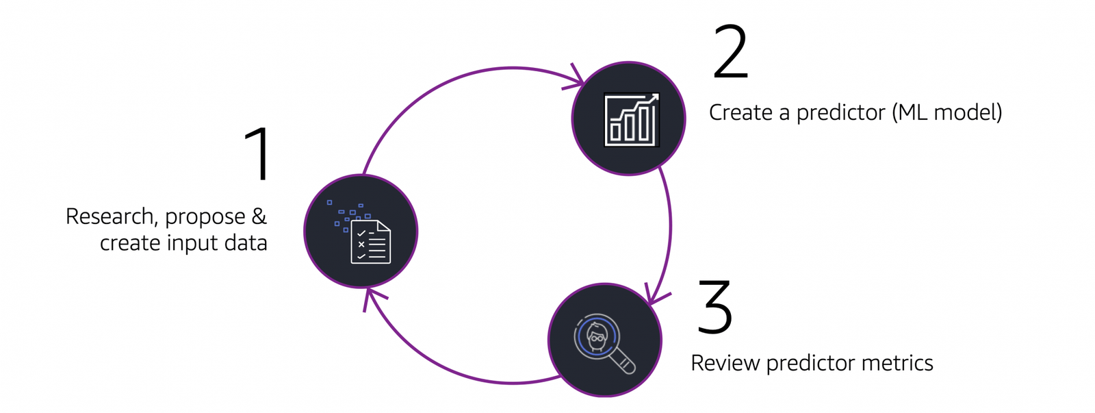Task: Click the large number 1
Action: [x=259, y=155]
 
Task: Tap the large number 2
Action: [x=730, y=53]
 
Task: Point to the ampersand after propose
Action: [x=259, y=216]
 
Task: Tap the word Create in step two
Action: [x=740, y=112]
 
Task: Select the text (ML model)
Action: [x=946, y=112]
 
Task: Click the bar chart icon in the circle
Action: [x=630, y=121]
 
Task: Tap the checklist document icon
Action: [x=370, y=242]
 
